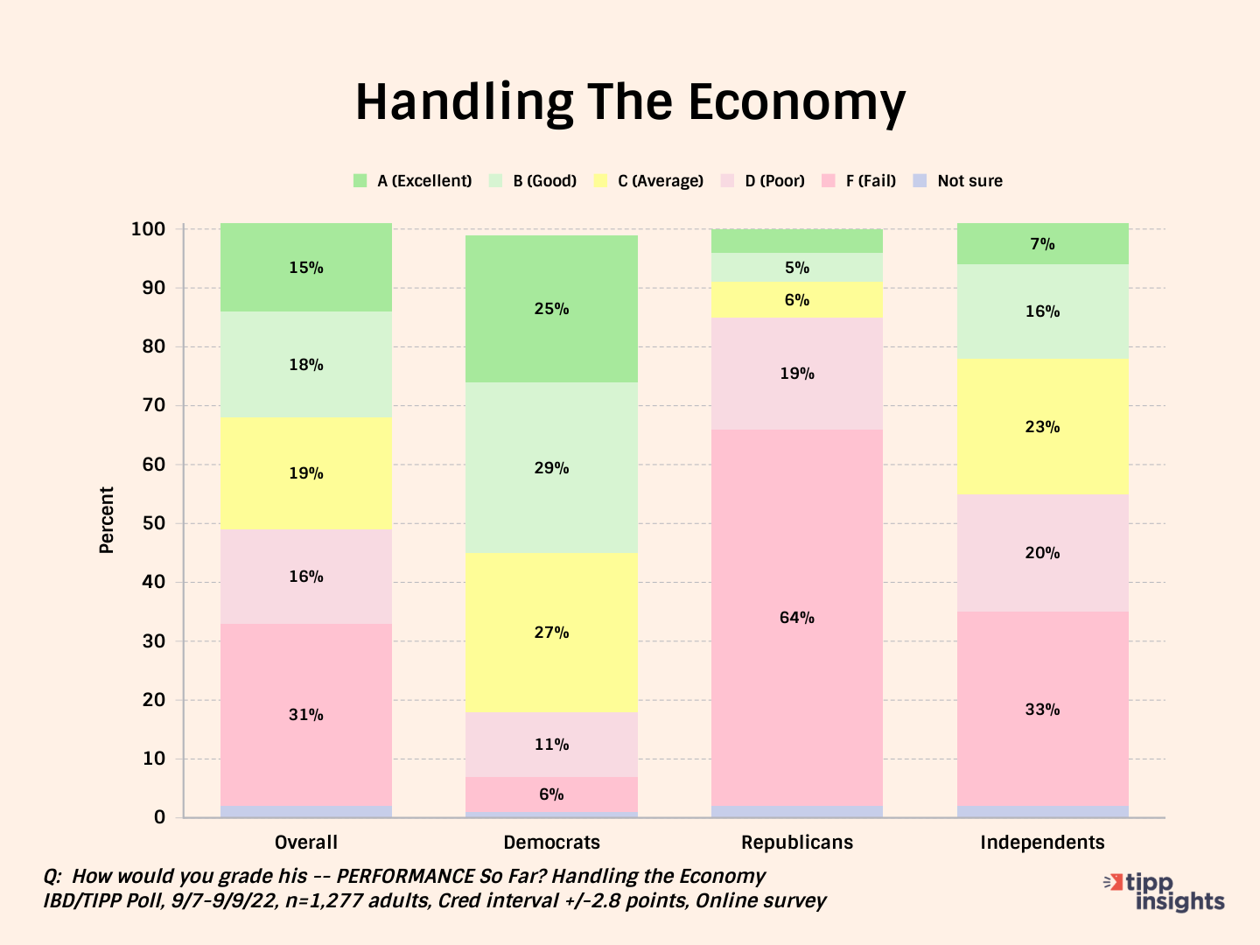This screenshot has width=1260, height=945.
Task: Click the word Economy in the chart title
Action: pyautogui.click(x=796, y=103)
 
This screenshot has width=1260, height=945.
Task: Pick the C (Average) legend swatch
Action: pyautogui.click(x=600, y=181)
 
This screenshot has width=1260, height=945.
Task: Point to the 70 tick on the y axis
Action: pyautogui.click(x=154, y=405)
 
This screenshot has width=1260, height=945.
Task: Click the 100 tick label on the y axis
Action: pyautogui.click(x=148, y=229)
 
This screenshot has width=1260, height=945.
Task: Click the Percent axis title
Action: pyautogui.click(x=107, y=520)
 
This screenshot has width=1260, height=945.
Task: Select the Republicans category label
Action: pyautogui.click(x=796, y=843)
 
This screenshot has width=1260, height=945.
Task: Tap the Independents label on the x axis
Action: pyautogui.click(x=1042, y=843)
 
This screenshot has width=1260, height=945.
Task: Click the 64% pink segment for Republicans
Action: pyautogui.click(x=796, y=618)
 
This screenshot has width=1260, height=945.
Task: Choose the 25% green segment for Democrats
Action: pyautogui.click(x=551, y=309)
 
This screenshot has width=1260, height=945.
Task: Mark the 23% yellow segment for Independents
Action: pyautogui.click(x=1042, y=427)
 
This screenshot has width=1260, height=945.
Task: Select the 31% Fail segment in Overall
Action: pyautogui.click(x=306, y=715)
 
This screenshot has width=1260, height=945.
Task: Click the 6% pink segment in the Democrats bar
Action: pyautogui.click(x=551, y=794)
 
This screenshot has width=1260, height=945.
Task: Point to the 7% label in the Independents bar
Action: pyautogui.click(x=1042, y=244)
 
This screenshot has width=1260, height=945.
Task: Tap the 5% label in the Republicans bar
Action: pyautogui.click(x=796, y=268)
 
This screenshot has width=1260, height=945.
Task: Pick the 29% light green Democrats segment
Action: pyautogui.click(x=551, y=468)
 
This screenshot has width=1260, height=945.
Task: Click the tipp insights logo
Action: pyautogui.click(x=1167, y=892)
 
